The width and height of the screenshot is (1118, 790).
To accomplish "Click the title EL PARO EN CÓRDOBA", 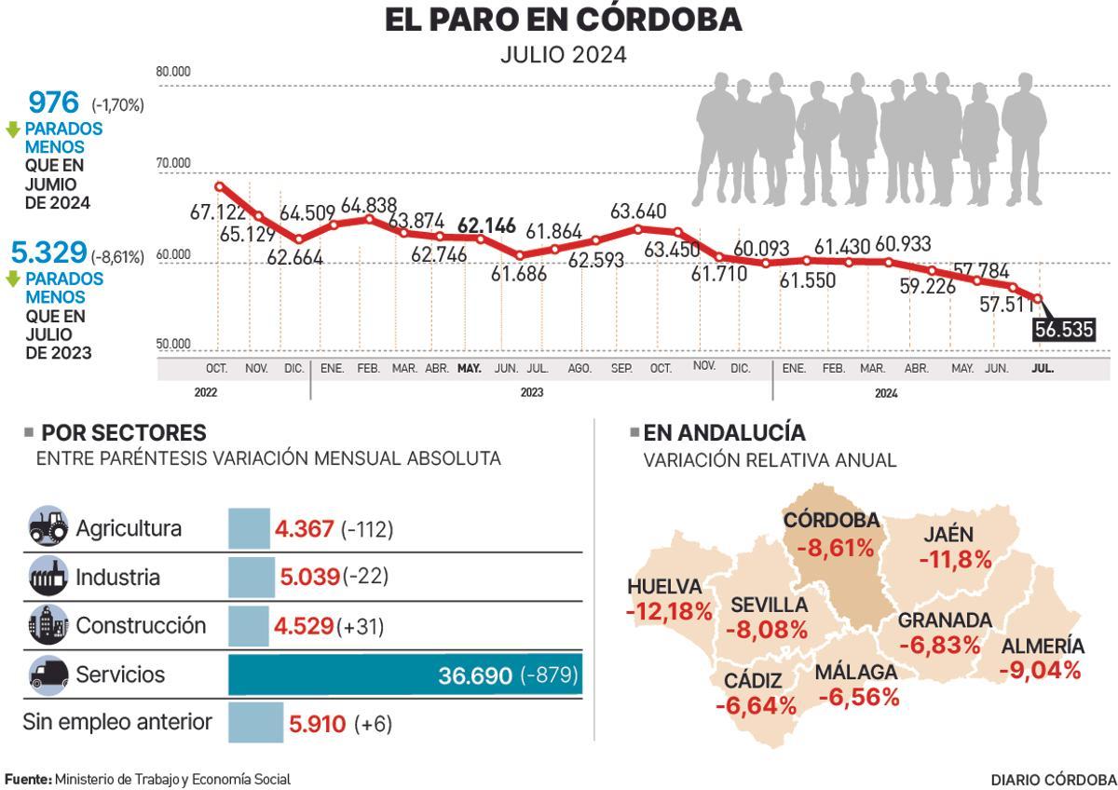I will (x=563, y=20).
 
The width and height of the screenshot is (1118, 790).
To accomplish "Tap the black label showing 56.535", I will (x=1063, y=330).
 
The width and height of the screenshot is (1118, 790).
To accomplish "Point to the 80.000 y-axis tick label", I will (x=173, y=72).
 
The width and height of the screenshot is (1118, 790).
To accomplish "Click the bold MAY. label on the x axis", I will (x=469, y=369).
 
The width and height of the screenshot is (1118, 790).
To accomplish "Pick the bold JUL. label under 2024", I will (x=1043, y=369).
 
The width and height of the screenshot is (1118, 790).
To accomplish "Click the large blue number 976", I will (x=54, y=102).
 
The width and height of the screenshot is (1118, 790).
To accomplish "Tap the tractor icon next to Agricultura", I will (x=48, y=527).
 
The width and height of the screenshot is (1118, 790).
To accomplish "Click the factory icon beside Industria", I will (x=48, y=577).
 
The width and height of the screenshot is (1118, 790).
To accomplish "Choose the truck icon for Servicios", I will (x=48, y=674).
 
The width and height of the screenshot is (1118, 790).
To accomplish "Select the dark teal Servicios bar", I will (x=405, y=674).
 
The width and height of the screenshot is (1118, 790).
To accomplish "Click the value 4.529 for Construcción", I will (x=304, y=626).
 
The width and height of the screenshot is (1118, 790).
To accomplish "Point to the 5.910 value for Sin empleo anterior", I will (x=318, y=723).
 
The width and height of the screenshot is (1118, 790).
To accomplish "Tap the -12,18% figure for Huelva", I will (x=669, y=612).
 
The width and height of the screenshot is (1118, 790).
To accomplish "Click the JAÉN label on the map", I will (x=948, y=535).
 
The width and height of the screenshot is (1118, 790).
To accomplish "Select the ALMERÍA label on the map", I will (x=1043, y=647).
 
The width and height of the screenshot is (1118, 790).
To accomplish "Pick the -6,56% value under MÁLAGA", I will (x=858, y=696).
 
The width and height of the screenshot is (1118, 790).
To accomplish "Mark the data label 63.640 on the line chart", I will (x=638, y=211).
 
